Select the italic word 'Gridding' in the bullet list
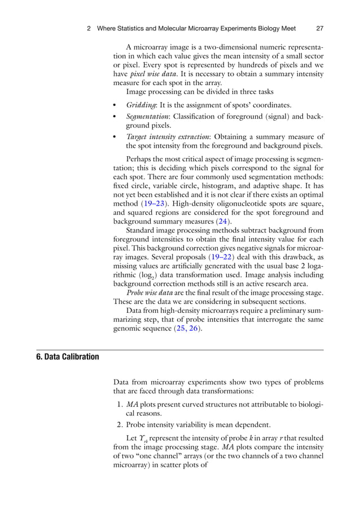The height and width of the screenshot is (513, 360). (x=141, y=105)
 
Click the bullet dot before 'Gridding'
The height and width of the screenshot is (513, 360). (x=115, y=105)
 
